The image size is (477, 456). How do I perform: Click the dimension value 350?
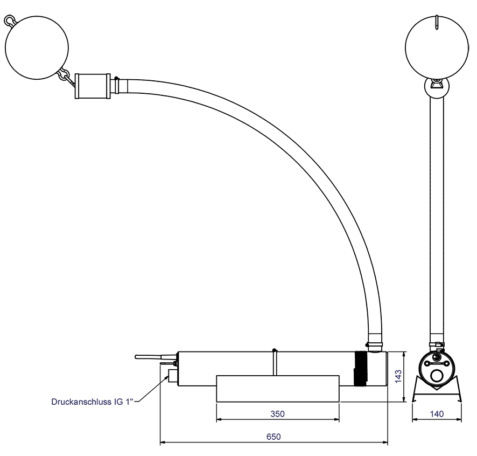(x=277, y=414)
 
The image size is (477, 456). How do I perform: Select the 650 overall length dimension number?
(x=274, y=437)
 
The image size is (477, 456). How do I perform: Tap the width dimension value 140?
(x=437, y=414)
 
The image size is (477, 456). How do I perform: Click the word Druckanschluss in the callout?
(x=79, y=402)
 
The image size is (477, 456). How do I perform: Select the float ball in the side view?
(x=37, y=46)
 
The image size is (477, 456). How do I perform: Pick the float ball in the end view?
(x=437, y=46)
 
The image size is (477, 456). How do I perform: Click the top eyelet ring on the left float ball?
(x=9, y=20)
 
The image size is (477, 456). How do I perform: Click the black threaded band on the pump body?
(x=360, y=369)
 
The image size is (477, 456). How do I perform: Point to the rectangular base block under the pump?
(x=277, y=389)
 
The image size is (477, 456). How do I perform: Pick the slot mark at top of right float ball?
(x=437, y=22)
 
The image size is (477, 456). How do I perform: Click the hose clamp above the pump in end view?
(x=437, y=344)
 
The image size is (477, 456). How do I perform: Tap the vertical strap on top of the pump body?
(x=275, y=362)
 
